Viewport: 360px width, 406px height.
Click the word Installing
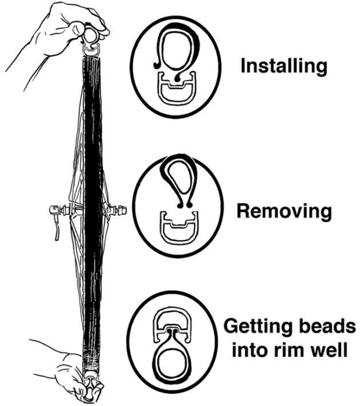284,66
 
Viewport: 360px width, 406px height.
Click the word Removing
285,211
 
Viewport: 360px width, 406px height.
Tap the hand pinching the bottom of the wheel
70,373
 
